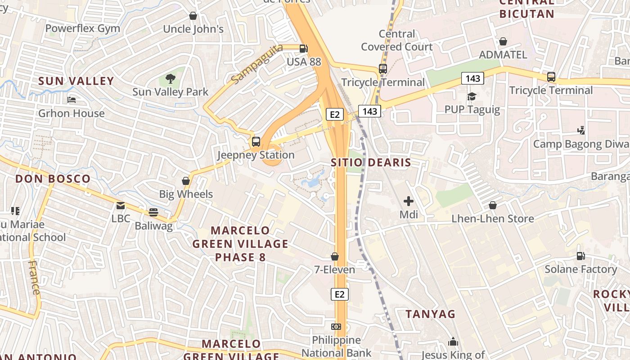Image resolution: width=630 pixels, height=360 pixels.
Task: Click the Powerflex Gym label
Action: (83, 28)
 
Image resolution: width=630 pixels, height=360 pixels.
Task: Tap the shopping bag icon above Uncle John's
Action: (193, 16)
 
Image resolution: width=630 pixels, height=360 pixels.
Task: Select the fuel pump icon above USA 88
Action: (304, 48)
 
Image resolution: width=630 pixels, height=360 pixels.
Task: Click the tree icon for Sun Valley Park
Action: (170, 79)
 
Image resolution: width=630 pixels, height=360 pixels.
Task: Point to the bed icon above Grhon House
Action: (71, 99)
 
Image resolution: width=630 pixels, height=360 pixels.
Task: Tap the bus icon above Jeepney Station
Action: (256, 142)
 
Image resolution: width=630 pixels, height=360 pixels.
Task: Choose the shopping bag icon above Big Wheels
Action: (186, 181)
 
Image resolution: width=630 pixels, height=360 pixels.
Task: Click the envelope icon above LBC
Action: (121, 206)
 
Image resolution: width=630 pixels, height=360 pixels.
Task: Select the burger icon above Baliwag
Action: (153, 212)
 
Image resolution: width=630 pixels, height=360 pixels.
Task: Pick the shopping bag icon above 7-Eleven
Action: (335, 256)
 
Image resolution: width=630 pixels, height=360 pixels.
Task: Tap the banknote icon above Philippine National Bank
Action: (336, 326)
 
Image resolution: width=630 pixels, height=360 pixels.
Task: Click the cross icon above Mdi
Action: (409, 201)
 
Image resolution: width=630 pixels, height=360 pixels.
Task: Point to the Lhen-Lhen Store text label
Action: (493, 219)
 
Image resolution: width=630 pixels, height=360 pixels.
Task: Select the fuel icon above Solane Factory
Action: (581, 256)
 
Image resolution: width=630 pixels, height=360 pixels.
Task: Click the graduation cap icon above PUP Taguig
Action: (472, 96)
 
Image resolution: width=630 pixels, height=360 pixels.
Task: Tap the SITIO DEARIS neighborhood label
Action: (371, 162)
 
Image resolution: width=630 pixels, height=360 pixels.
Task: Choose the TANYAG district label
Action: (431, 314)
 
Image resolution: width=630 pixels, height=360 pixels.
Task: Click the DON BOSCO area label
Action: (53, 179)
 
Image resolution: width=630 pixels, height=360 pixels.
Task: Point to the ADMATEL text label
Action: (503, 54)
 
